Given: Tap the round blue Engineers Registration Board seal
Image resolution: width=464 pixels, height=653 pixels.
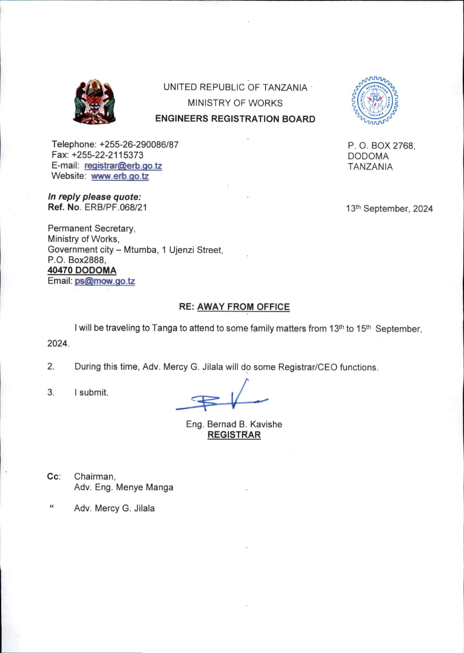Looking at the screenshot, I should coord(375,101).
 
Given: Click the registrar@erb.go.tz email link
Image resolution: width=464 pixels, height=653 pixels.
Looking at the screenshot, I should coord(123,166).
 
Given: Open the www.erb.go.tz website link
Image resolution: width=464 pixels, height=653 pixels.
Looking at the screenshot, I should coord(120,176).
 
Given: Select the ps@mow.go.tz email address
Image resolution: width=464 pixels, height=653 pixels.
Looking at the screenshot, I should coord(105,281).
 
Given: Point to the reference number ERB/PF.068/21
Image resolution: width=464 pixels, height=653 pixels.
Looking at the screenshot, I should coord(116,207).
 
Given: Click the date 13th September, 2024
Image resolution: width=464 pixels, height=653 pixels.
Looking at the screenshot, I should coord(389,208).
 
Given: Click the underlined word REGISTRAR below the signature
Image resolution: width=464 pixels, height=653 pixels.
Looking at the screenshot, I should coord(234,435).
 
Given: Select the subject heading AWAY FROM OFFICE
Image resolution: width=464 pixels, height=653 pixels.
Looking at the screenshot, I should coord(243,307).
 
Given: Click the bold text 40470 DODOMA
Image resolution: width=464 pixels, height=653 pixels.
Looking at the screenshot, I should coord(82,270).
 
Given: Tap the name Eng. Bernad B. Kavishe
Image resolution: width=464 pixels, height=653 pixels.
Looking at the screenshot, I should coord(234,424).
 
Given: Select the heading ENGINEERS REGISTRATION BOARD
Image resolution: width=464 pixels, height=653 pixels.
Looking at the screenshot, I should coord(235,119).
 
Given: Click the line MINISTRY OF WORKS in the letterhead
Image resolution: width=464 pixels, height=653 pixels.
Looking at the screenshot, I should coord(235,103).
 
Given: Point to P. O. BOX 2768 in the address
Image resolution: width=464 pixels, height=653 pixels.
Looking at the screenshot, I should coord(381,146).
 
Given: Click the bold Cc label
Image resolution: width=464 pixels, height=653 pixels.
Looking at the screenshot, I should coord(53,477).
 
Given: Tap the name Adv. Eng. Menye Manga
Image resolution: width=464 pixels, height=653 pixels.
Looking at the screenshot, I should coord(123,487).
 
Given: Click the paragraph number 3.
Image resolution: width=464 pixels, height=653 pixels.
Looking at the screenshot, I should coord(51,393).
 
